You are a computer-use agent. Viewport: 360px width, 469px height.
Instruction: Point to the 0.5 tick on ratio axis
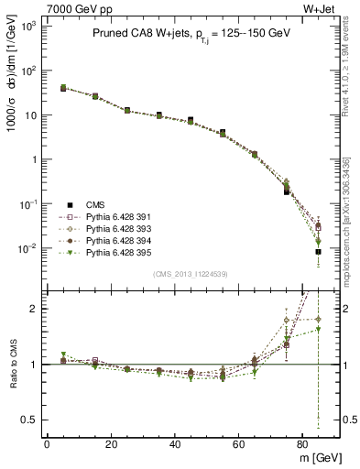point(29,420)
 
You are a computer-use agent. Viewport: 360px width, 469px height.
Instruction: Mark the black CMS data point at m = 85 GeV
point(318,251)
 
